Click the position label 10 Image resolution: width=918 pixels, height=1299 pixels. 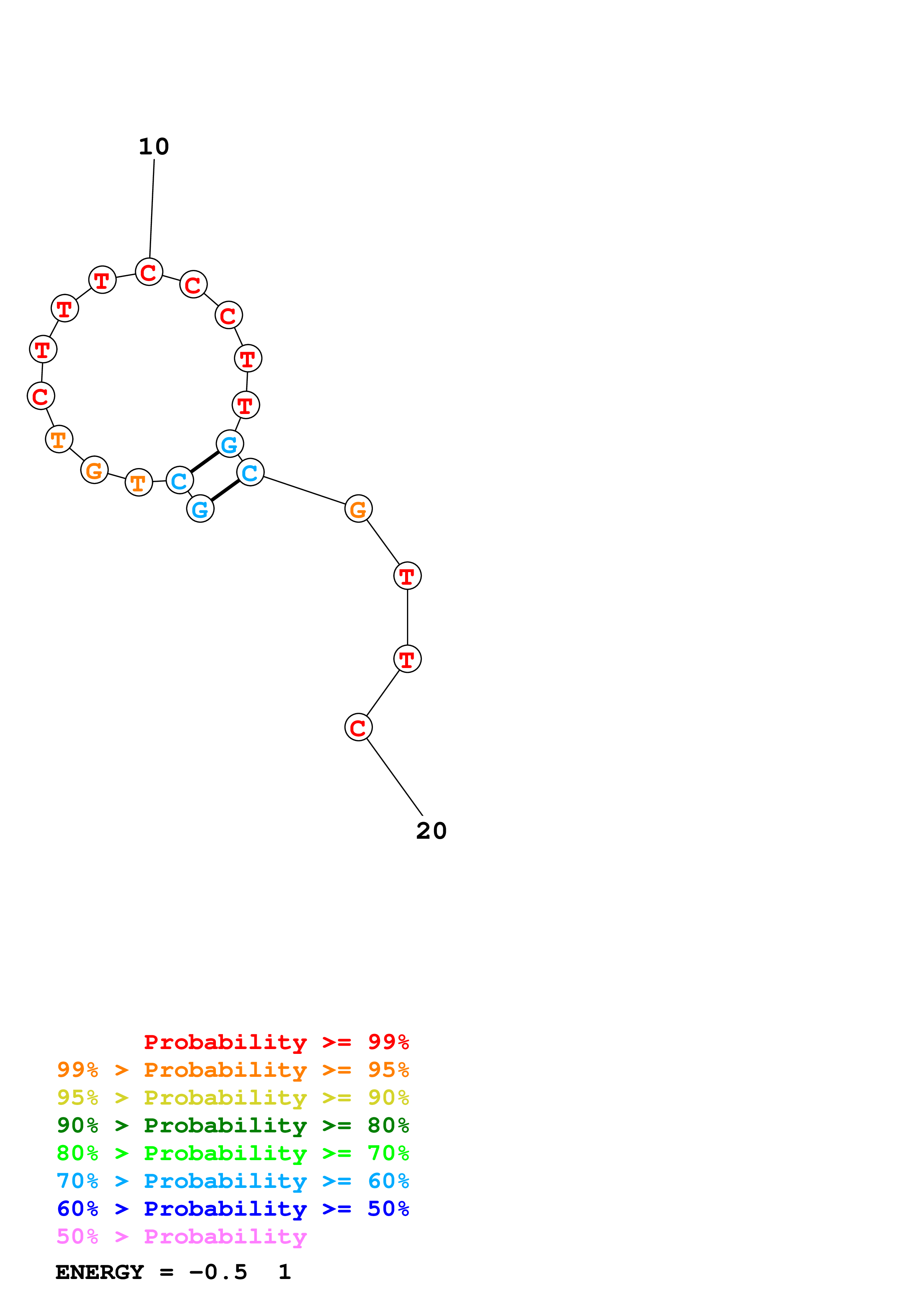pyautogui.click(x=154, y=147)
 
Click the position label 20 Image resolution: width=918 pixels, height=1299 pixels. pyautogui.click(x=431, y=831)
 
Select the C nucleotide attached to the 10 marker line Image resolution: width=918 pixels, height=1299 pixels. pyautogui.click(x=149, y=272)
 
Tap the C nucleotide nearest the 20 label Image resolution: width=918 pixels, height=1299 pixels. pyautogui.click(x=358, y=728)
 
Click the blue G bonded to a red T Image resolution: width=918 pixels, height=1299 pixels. pyautogui.click(x=230, y=444)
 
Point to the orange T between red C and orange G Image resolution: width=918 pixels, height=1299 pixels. pyautogui.click(x=59, y=439)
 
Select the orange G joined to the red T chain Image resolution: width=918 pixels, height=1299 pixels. pyautogui.click(x=358, y=509)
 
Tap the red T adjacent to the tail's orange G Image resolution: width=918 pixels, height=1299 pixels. pyautogui.click(x=407, y=576)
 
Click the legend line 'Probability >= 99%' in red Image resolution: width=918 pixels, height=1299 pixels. pyautogui.click(x=276, y=1042)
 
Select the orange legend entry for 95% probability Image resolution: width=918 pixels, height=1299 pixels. pyautogui.click(x=233, y=1070)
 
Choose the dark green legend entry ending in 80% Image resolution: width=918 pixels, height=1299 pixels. pyautogui.click(x=233, y=1125)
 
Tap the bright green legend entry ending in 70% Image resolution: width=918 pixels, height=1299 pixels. pyautogui.click(x=233, y=1153)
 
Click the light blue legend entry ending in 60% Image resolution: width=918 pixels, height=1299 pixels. pyautogui.click(x=233, y=1181)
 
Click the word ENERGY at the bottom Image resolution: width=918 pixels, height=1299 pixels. pyautogui.click(x=100, y=1272)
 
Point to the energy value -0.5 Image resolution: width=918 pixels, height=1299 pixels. pyautogui.click(x=218, y=1272)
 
